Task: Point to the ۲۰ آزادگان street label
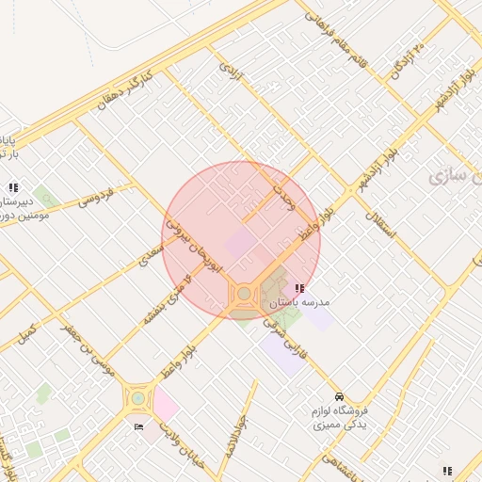(x=409, y=61)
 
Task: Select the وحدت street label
(x=283, y=196)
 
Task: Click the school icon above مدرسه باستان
(x=299, y=288)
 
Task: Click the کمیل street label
(x=27, y=333)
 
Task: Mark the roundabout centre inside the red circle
(x=245, y=295)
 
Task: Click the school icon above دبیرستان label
(x=13, y=186)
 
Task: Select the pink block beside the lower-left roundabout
(x=165, y=405)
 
